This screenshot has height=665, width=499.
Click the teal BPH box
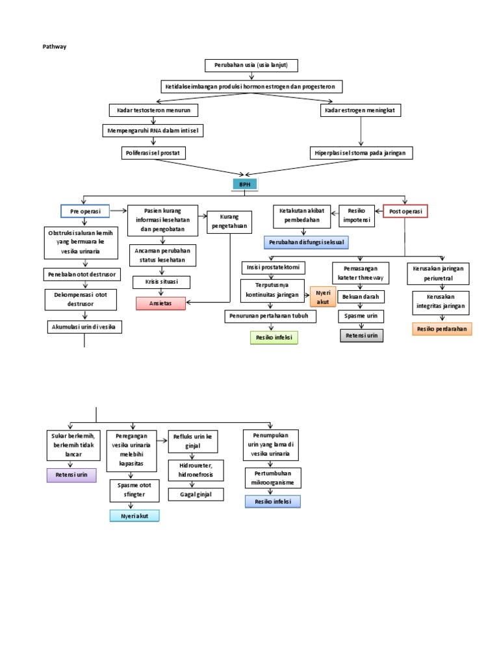[x=244, y=184]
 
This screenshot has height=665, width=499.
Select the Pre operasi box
[x=85, y=211]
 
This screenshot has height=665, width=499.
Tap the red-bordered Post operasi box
[x=405, y=211]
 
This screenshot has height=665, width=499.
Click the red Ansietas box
[x=160, y=303]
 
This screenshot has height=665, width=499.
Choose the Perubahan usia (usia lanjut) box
[x=251, y=65]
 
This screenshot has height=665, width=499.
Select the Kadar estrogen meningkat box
[x=361, y=110]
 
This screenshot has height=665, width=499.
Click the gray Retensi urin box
[x=362, y=335]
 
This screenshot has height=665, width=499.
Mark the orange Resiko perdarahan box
[x=442, y=329]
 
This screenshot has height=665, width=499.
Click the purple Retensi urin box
[x=71, y=475]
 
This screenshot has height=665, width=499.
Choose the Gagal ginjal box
[x=192, y=494]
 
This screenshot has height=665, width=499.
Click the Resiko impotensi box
[x=357, y=216]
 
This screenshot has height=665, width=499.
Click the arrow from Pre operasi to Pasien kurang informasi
[x=118, y=210]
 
